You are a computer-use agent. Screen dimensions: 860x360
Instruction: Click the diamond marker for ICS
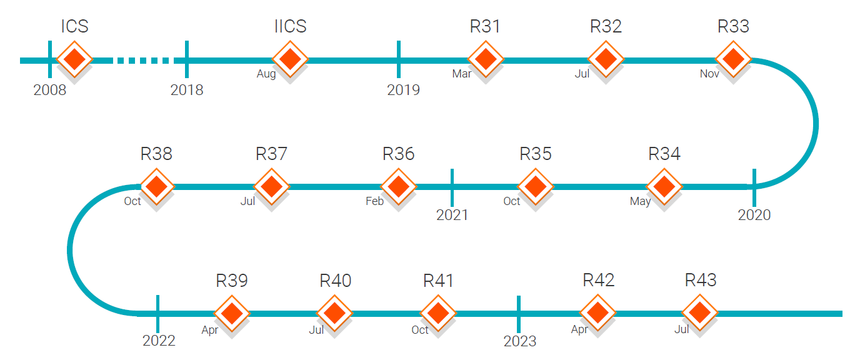[x=74, y=59]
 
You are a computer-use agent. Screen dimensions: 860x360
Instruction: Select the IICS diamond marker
[x=290, y=59]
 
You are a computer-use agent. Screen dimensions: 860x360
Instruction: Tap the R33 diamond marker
[x=733, y=59]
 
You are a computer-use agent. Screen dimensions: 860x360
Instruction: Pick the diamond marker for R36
[x=399, y=186]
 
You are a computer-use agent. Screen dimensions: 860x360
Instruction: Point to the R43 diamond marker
[x=700, y=312]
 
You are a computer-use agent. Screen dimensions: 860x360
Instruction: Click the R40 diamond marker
[x=334, y=313]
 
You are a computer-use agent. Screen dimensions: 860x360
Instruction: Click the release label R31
[x=485, y=26]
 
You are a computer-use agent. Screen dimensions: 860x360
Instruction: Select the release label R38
[x=156, y=154]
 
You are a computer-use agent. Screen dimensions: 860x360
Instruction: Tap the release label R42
[x=599, y=280]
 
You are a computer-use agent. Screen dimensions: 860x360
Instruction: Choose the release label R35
[x=536, y=154]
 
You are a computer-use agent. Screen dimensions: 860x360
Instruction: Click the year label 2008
[x=49, y=90]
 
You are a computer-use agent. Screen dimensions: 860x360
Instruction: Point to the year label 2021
[x=452, y=215]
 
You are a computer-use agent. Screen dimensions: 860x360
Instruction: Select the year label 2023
[x=520, y=341]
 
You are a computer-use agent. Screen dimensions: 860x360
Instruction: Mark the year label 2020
[x=754, y=215]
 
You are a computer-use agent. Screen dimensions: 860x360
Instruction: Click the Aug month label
[x=266, y=74]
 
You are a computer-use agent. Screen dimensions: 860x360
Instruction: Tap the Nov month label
[x=709, y=74]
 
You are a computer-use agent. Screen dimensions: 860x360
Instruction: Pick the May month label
[x=640, y=201]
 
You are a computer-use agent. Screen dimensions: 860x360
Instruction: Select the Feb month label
[x=374, y=201]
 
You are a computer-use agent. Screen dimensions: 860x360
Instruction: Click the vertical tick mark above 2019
[x=399, y=59]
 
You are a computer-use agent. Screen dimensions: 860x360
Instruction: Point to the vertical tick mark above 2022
[x=157, y=314]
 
